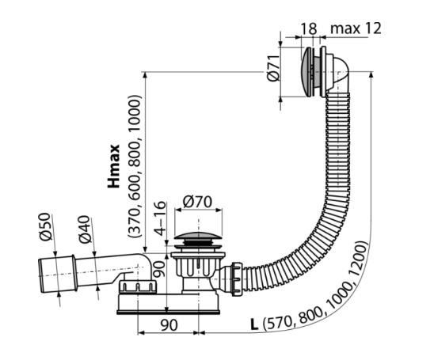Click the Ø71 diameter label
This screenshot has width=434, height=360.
click(273, 68)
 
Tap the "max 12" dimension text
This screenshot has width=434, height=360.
click(356, 28)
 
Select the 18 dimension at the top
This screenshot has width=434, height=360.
click(309, 28)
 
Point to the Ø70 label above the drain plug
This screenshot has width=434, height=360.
click(197, 202)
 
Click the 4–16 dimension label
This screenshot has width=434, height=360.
click(160, 218)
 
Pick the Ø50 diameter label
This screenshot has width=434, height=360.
click(45, 227)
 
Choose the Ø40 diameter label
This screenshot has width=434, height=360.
click(85, 229)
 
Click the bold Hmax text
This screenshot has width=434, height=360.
click(114, 166)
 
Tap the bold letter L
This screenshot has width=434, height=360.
click(254, 324)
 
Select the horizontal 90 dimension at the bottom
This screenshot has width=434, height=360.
click(169, 325)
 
